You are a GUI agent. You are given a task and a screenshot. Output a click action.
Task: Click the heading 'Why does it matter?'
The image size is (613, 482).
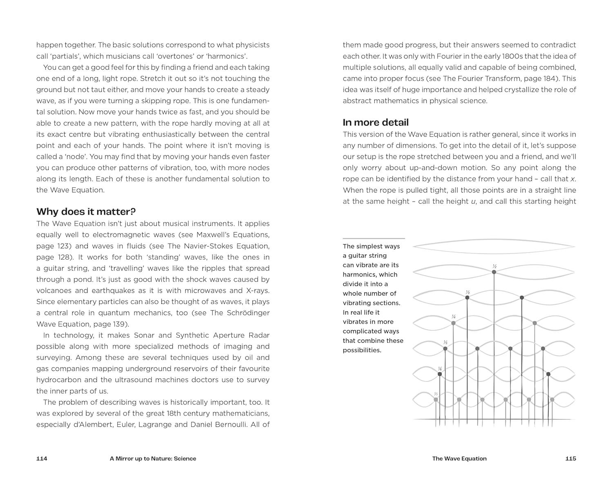(x=86, y=212)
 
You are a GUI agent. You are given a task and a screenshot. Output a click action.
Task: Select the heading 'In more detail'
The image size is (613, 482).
(x=376, y=123)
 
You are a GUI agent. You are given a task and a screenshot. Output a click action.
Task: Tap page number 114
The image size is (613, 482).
(x=42, y=459)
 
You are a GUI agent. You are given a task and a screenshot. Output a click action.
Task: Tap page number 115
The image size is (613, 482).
(x=570, y=459)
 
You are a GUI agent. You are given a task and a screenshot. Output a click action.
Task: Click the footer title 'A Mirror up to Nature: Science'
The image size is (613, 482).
(x=153, y=459)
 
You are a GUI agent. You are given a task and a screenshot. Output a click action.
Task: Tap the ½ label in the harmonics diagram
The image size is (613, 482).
(x=494, y=266)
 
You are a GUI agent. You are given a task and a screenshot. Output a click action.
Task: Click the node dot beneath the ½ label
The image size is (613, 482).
(x=494, y=272)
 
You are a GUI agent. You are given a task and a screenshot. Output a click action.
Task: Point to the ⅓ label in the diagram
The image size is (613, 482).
(x=468, y=292)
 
